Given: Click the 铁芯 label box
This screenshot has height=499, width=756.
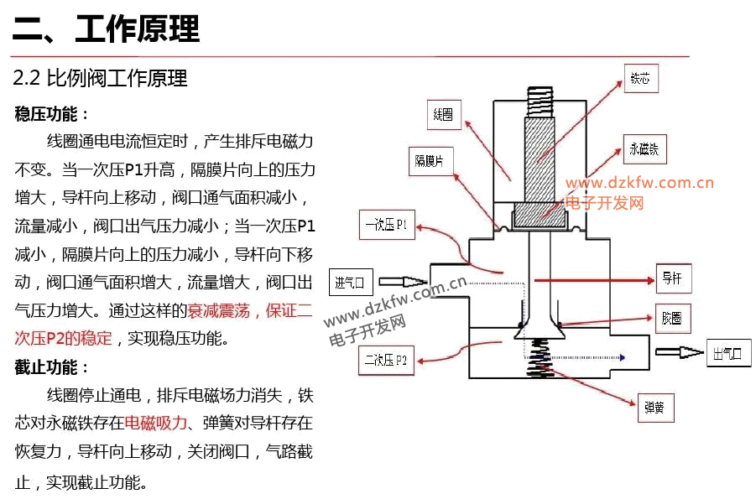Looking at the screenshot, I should (640, 79).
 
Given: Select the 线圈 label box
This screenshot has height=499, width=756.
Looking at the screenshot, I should (443, 115).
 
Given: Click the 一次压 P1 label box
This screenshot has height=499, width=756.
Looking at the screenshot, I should (387, 226).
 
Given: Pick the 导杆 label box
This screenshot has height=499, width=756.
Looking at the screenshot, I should (673, 278).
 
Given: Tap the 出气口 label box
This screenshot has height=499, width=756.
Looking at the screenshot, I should (727, 354).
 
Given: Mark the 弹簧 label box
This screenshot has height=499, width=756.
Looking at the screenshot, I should (654, 408).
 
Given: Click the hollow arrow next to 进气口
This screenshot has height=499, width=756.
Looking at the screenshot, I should (403, 282).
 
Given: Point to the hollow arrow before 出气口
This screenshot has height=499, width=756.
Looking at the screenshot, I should (680, 353).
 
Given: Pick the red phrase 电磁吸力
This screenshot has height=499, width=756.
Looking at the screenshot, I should (155, 423).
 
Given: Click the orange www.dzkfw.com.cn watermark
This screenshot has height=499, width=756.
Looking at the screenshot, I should (639, 183).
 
